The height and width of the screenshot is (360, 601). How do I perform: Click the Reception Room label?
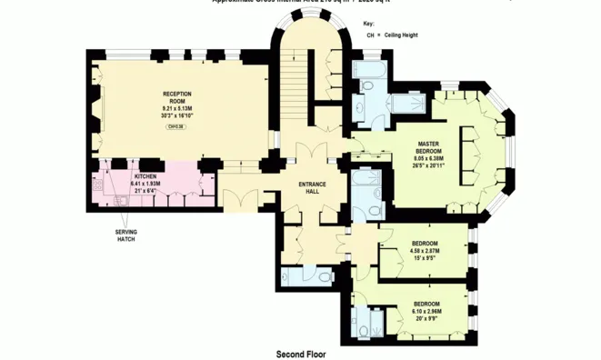177,97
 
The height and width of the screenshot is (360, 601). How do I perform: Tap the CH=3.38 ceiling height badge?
177,127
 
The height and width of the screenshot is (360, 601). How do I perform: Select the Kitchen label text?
147,175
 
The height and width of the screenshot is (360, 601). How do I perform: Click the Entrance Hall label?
312,188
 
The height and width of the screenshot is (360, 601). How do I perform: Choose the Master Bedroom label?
428,147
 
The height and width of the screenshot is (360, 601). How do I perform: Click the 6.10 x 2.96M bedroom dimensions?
427,310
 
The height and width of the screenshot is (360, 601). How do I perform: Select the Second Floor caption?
301,353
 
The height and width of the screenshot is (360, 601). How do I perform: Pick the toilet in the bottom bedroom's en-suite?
366,329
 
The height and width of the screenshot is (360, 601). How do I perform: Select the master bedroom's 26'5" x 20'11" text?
428,165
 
